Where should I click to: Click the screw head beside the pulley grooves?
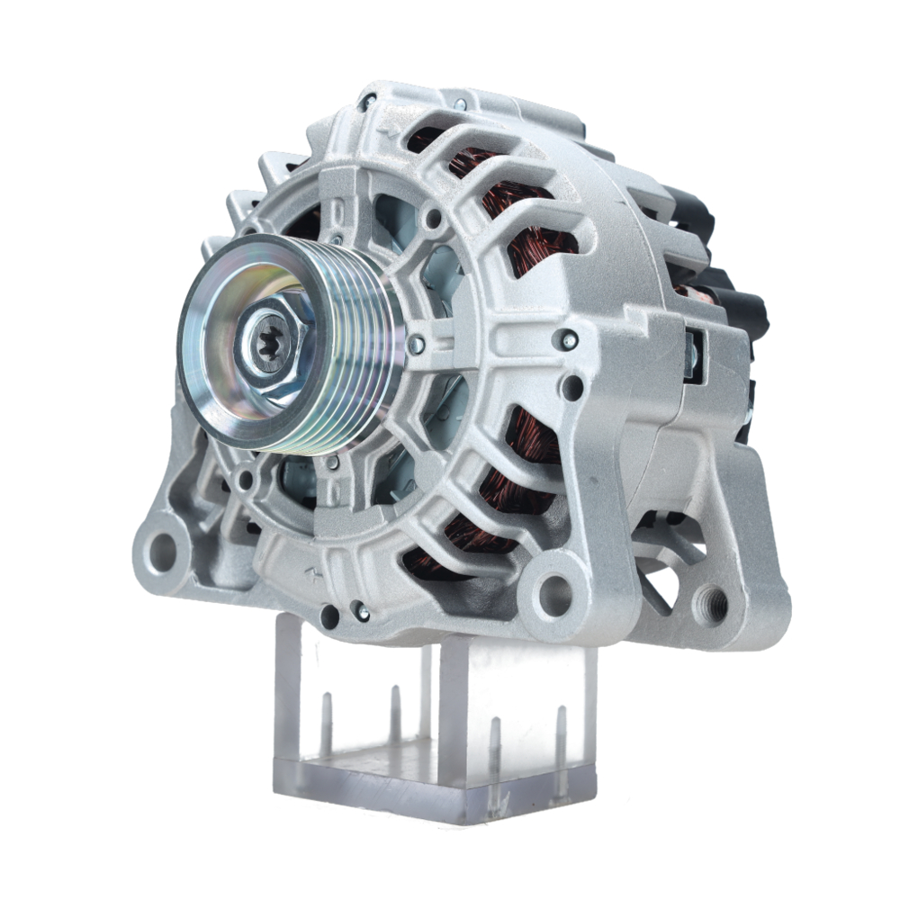coord(416,344)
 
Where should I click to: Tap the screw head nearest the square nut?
coord(569,339)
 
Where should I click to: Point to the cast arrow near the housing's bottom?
coord(312,572)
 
